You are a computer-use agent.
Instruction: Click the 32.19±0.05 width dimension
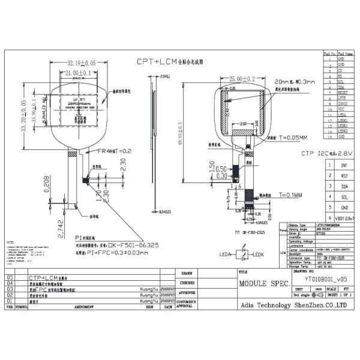point(81,62)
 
